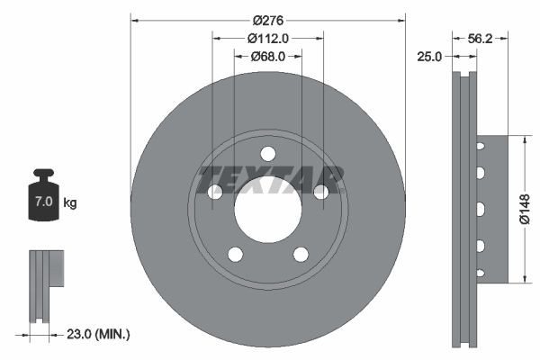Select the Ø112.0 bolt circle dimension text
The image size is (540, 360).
pyautogui.click(x=267, y=38)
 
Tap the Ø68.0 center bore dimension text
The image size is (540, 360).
pyautogui.click(x=267, y=56)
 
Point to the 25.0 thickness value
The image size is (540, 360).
pyautogui.click(x=429, y=57)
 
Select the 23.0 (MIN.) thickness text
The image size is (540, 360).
pyautogui.click(x=99, y=334)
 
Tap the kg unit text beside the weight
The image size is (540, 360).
pyautogui.click(x=70, y=202)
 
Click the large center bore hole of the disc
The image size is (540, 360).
pyautogui.click(x=267, y=209)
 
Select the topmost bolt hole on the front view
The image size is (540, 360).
pyautogui.click(x=267, y=153)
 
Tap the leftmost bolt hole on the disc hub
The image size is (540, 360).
pyautogui.click(x=215, y=192)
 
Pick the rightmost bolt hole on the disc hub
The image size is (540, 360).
pyautogui.click(x=319, y=191)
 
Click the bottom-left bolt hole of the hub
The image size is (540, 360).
pyautogui.click(x=235, y=253)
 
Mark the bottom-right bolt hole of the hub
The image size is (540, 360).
pyautogui.click(x=300, y=253)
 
